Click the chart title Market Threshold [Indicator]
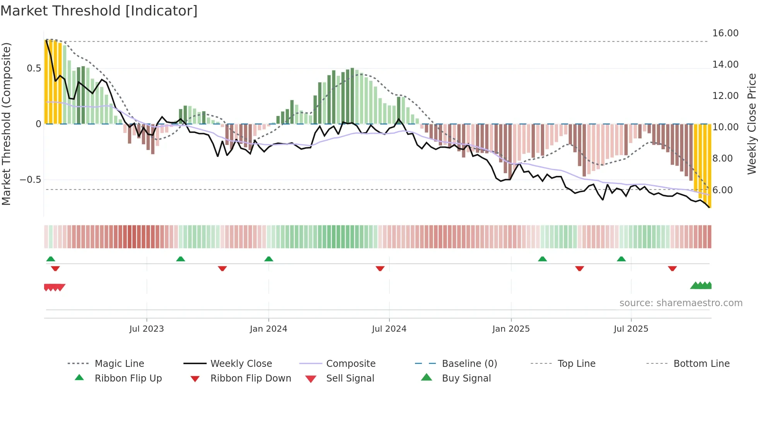tap(99, 11)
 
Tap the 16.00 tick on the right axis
tap(725, 33)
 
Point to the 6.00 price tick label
tap(722, 190)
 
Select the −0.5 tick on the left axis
tap(30, 180)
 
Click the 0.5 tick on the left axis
tap(34, 68)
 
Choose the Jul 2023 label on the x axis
tap(147, 329)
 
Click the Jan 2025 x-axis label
tap(511, 329)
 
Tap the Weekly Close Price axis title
tap(751, 124)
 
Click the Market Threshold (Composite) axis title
tap(6, 124)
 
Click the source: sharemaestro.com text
tap(681, 303)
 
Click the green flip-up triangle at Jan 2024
tap(269, 259)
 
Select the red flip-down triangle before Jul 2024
tap(380, 268)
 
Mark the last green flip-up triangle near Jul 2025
tap(621, 259)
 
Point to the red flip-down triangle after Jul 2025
tap(672, 268)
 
